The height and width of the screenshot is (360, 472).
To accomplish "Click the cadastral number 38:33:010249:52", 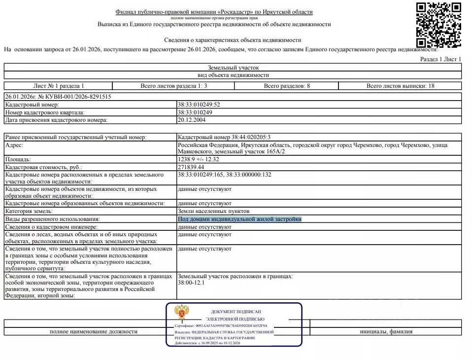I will pyautogui.click(x=199, y=105).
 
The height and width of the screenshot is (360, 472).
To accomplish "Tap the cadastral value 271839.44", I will pyautogui.click(x=191, y=167).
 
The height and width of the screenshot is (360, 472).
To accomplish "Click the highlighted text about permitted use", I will pyautogui.click(x=239, y=219).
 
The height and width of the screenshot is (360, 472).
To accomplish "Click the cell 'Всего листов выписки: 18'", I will pyautogui.click(x=400, y=86).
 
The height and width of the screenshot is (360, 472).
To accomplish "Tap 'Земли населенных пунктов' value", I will pyautogui.click(x=209, y=211).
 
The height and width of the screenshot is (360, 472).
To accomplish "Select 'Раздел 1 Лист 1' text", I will pyautogui.click(x=440, y=59).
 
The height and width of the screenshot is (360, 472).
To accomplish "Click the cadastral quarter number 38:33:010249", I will pyautogui.click(x=196, y=112).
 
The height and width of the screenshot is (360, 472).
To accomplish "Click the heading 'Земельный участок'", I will pyautogui.click(x=233, y=68).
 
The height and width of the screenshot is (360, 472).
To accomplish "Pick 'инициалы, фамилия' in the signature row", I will pyautogui.click(x=386, y=331).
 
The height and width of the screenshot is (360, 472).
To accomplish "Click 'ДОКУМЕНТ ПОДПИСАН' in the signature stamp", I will pyautogui.click(x=236, y=312).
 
